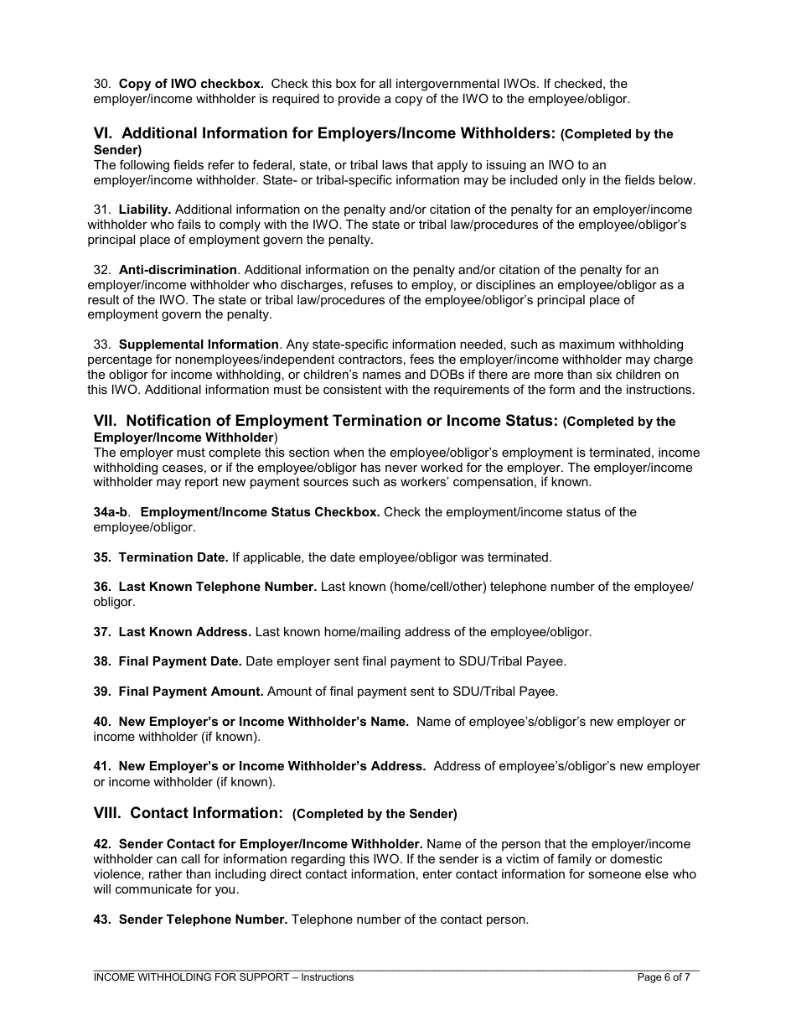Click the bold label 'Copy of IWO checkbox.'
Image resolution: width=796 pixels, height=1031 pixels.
(x=191, y=84)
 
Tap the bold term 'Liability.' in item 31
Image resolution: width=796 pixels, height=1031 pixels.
(x=145, y=210)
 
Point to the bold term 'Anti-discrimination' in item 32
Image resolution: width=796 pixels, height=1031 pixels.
(x=178, y=270)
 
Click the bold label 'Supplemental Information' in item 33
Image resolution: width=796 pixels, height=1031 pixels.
(x=199, y=345)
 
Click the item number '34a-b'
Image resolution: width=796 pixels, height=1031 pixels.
(x=111, y=512)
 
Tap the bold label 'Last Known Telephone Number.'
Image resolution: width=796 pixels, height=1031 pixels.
(x=218, y=587)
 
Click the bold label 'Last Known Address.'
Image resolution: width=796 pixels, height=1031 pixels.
(x=185, y=632)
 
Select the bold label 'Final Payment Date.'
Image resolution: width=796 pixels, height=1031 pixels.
(x=180, y=661)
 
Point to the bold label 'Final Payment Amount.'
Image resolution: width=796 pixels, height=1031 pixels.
(x=191, y=692)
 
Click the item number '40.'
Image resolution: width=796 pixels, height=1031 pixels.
(x=102, y=722)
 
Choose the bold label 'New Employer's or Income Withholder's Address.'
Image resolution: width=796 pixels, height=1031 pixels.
(x=272, y=766)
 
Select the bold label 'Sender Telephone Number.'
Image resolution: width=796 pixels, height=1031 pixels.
(x=204, y=920)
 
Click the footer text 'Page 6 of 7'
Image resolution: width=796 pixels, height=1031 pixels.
(x=664, y=977)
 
